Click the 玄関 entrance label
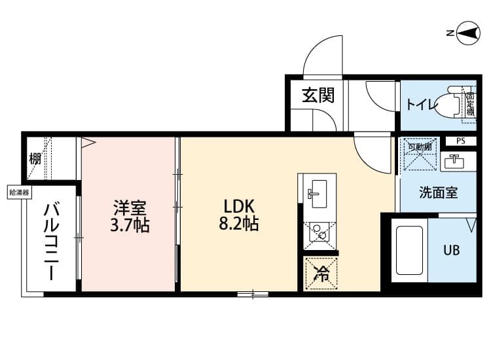click(x=318, y=96)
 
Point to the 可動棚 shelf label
click(x=418, y=147)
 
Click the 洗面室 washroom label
click(x=438, y=193)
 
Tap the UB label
click(x=452, y=250)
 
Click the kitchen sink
click(x=318, y=191)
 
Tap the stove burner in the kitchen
click(x=320, y=232)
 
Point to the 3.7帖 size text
click(x=130, y=226)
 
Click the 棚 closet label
click(x=35, y=158)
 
